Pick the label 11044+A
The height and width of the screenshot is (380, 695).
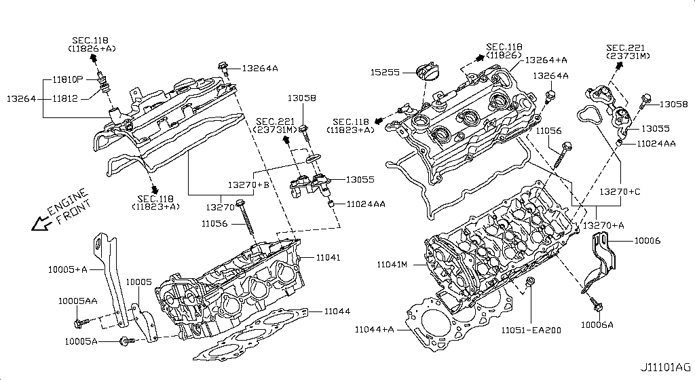tap(374, 330)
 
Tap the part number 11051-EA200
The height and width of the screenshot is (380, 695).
tap(531, 330)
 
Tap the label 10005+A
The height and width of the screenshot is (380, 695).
tap(67, 269)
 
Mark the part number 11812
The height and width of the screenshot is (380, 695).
tap(67, 98)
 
